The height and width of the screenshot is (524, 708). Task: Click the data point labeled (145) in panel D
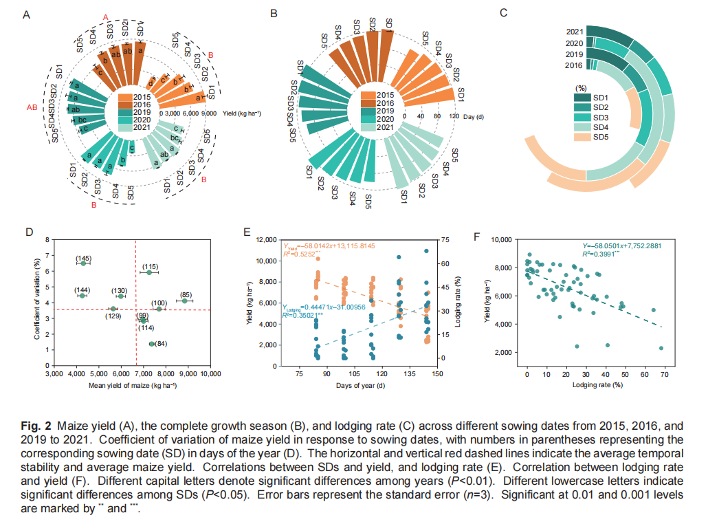pos(83,263)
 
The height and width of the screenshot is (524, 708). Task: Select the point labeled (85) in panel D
pos(184,301)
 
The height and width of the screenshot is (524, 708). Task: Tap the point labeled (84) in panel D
pos(151,344)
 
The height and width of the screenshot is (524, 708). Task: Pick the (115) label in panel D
pos(151,266)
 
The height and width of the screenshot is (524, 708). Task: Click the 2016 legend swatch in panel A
pos(124,103)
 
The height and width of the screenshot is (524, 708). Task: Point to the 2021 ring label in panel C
pos(575,32)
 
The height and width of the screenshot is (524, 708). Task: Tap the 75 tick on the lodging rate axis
pos(445,239)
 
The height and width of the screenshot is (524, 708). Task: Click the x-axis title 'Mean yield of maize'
pos(133,384)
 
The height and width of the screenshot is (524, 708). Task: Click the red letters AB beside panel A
pos(32,107)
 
